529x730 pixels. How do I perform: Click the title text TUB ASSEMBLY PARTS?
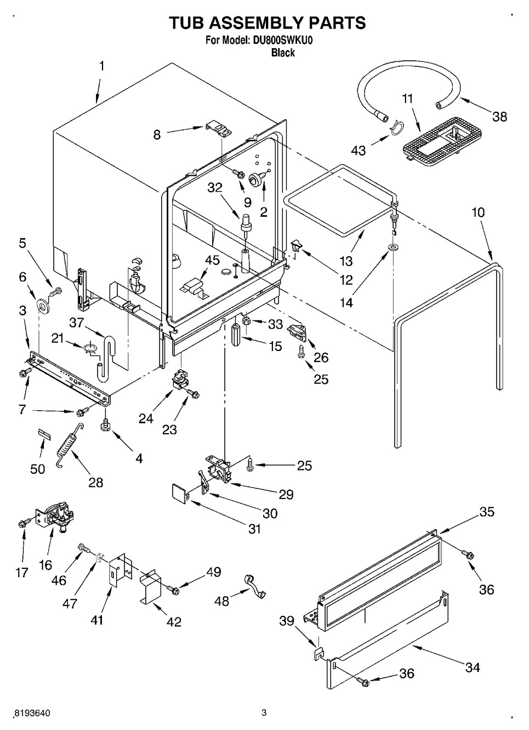coord(266,23)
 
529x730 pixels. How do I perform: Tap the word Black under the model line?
coord(283,53)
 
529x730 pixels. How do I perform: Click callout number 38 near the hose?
coord(499,116)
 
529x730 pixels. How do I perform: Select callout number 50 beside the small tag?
coord(37,469)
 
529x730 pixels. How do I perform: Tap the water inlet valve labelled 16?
coord(56,516)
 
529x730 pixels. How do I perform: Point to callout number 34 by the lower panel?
coord(472,667)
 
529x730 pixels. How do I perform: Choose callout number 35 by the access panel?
coord(487,511)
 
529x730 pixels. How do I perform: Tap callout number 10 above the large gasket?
coord(478,212)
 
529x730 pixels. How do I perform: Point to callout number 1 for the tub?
coord(101,66)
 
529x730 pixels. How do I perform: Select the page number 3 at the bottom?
coord(264,712)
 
